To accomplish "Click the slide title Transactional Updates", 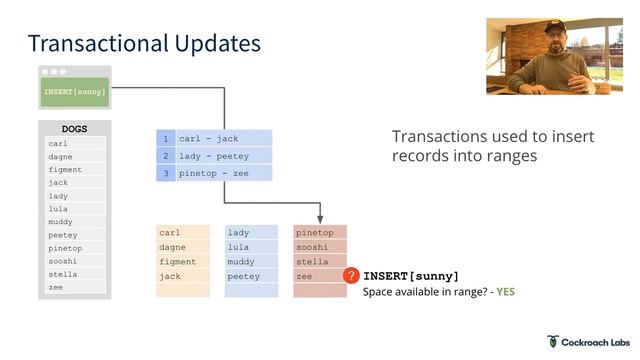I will pyautogui.click(x=144, y=43).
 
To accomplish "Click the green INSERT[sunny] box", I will pyautogui.click(x=75, y=92).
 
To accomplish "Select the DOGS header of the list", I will pyautogui.click(x=75, y=129).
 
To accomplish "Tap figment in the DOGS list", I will pyautogui.click(x=66, y=170).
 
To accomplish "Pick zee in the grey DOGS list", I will pyautogui.click(x=57, y=287).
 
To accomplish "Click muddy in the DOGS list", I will pyautogui.click(x=61, y=222).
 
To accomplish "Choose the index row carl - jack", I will pyautogui.click(x=223, y=139).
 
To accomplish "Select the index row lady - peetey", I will pyautogui.click(x=223, y=156).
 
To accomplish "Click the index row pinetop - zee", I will pyautogui.click(x=223, y=173).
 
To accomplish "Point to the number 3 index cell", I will pyautogui.click(x=166, y=173).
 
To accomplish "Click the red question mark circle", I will pyautogui.click(x=351, y=276).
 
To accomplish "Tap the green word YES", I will pyautogui.click(x=505, y=292).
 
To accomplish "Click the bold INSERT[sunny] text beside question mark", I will pyautogui.click(x=411, y=276).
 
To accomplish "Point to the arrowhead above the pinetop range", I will pyautogui.click(x=320, y=219).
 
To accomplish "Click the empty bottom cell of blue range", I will pyautogui.click(x=252, y=291).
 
